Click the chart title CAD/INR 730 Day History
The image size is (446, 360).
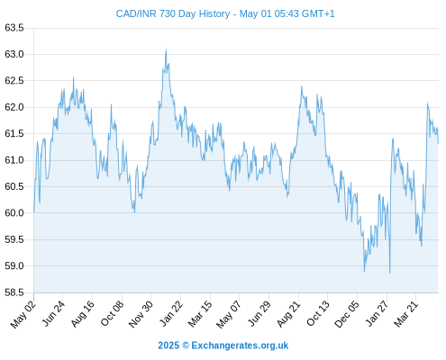point(173,13)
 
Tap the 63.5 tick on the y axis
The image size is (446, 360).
point(14,28)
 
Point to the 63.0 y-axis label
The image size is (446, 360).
point(14,54)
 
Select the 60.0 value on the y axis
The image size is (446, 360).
point(14,213)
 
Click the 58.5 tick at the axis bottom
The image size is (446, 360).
point(14,292)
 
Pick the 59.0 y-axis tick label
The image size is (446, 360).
point(14,266)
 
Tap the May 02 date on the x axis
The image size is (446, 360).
point(23,314)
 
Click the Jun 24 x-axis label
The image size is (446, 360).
point(53,313)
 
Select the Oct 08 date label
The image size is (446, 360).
point(112,313)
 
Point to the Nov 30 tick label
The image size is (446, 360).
point(141,314)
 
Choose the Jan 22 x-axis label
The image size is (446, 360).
point(171,313)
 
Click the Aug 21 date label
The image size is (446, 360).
point(288,313)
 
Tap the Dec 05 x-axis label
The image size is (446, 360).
point(347,314)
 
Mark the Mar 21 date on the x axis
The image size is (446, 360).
point(406,314)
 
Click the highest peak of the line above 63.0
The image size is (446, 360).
point(166,49)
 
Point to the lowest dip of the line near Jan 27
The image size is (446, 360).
point(390,273)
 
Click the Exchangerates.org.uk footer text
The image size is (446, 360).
point(240,346)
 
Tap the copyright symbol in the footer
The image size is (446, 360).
point(186,346)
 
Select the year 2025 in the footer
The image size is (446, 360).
point(168,346)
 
